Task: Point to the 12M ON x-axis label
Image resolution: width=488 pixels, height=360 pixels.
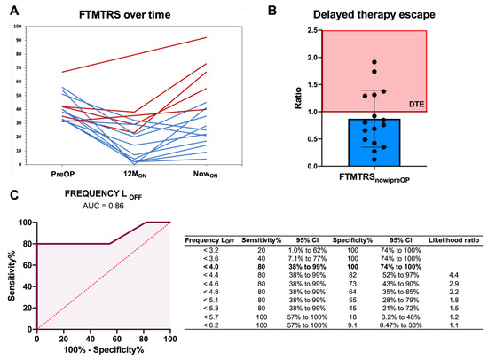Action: pos(135,176)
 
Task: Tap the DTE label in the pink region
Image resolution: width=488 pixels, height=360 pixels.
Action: pos(416,104)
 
